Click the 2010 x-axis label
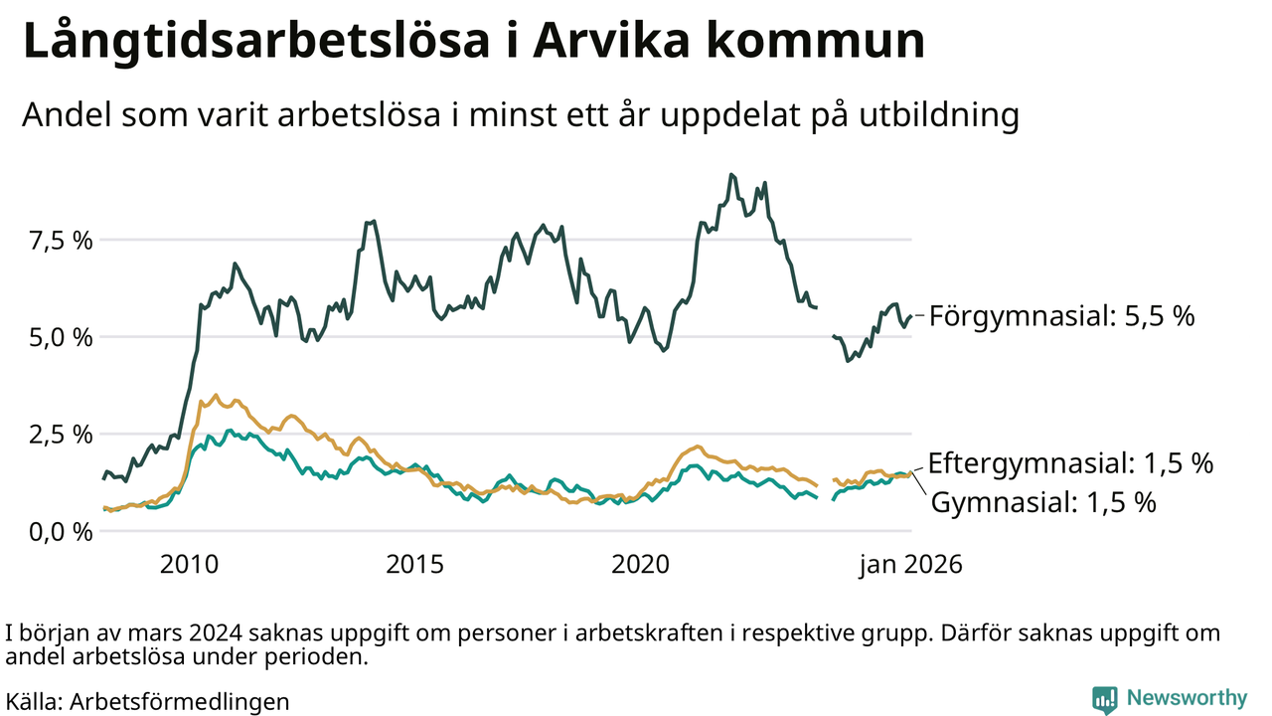(x=189, y=565)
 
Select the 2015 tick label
(x=413, y=565)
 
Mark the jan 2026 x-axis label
(x=910, y=565)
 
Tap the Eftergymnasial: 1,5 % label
(x=1070, y=463)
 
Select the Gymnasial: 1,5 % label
(x=1043, y=502)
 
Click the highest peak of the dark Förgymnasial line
(x=731, y=174)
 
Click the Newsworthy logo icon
(x=1104, y=699)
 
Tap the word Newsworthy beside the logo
(x=1186, y=698)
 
